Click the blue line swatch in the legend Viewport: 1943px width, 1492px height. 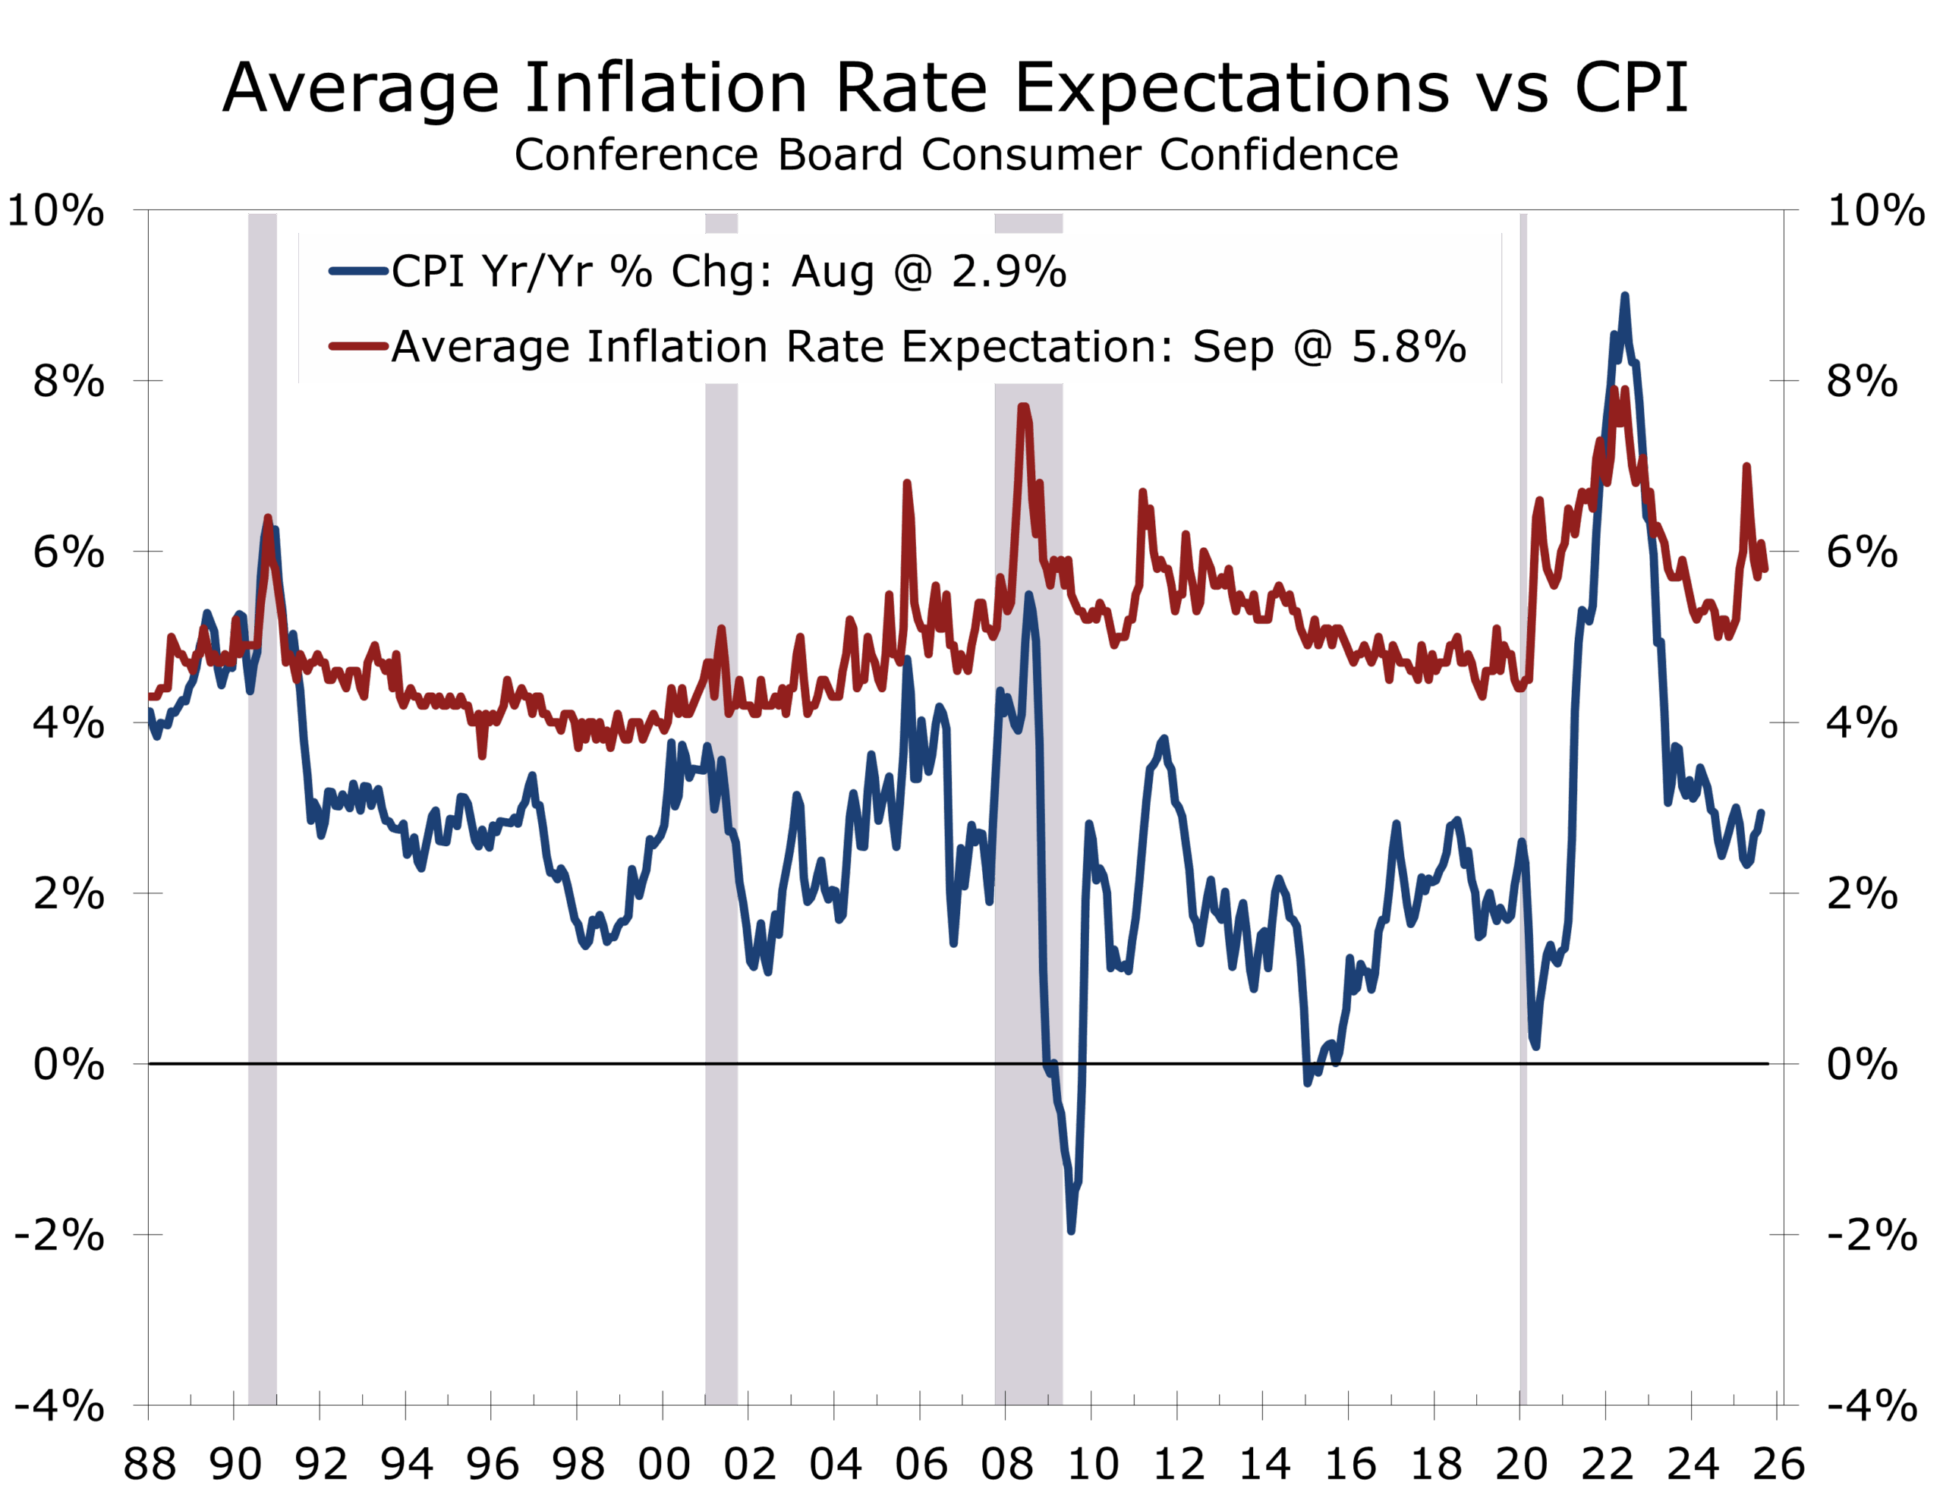click(359, 271)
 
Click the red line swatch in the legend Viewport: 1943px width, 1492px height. click(359, 346)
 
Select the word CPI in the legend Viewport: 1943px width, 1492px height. click(428, 271)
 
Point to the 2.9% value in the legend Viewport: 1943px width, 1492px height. click(1009, 271)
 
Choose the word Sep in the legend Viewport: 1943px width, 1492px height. click(1233, 346)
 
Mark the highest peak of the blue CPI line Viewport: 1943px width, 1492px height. click(1624, 297)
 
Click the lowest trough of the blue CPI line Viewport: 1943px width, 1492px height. click(1071, 1231)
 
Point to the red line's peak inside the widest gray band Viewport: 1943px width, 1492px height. click(1023, 408)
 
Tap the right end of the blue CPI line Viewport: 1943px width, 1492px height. click(1761, 813)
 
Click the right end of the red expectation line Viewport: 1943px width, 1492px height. click(1765, 568)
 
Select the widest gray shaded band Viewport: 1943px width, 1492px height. click(1028, 888)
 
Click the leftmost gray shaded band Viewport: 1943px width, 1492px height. click(263, 888)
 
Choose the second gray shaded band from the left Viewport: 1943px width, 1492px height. click(721, 888)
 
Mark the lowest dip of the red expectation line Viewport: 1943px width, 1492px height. click(482, 755)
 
